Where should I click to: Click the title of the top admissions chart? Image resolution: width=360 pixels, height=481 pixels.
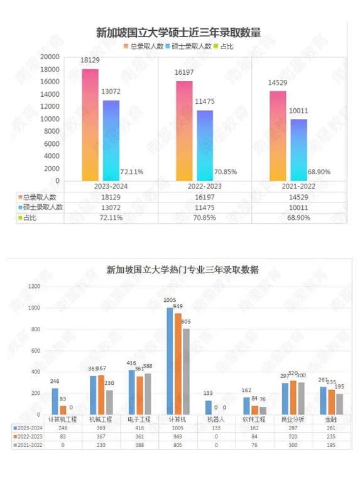178,33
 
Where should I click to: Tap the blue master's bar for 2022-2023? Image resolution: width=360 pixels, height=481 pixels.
205,145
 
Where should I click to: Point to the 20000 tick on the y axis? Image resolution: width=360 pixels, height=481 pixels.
49,57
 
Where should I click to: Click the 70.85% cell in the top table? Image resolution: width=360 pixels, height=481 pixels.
205,217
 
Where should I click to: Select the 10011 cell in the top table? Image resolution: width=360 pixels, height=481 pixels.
298,207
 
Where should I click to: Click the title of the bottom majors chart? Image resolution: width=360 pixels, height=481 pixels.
183,270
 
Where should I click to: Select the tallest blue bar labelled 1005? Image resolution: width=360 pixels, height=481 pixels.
170,361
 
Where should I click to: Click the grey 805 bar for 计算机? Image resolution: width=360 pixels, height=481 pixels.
185,371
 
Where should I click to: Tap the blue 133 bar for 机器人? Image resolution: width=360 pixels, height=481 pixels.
209,407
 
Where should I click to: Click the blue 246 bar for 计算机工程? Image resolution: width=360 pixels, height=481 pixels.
55,401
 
